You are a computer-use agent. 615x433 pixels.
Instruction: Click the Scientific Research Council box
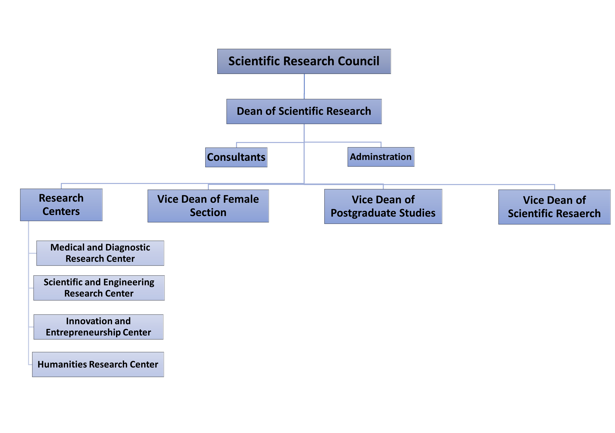click(304, 61)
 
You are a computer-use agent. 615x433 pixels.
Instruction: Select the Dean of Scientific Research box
click(304, 111)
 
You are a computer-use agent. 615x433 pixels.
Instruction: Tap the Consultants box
click(236, 157)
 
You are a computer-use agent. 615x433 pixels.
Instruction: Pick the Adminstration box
click(381, 157)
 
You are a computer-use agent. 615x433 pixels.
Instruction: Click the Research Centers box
click(61, 205)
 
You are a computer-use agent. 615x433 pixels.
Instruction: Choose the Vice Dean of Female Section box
click(208, 206)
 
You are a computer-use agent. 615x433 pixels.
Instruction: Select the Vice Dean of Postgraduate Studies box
click(383, 206)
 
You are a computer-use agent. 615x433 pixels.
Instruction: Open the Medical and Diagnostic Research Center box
click(100, 253)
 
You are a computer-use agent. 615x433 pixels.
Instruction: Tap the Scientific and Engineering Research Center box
click(99, 288)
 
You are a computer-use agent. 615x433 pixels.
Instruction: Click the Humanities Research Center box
click(98, 364)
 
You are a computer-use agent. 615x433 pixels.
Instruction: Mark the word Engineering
click(129, 282)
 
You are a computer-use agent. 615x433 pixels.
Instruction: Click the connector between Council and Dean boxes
click(304, 87)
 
